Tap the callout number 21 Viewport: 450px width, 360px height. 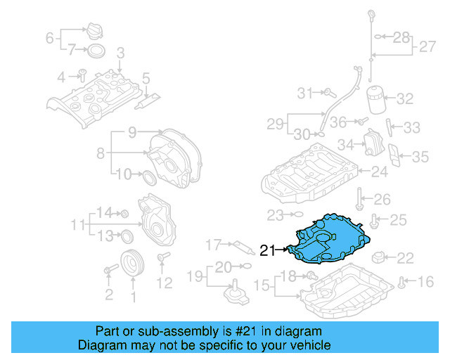[268, 250]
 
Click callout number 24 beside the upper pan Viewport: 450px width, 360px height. [380, 171]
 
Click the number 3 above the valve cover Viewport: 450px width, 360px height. [120, 53]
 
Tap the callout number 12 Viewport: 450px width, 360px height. [164, 283]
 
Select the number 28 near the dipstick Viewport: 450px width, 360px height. [400, 35]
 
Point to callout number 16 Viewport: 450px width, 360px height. [426, 283]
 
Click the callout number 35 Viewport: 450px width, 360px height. [420, 156]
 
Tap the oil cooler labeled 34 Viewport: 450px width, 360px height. [371, 145]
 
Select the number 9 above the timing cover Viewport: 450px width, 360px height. [131, 132]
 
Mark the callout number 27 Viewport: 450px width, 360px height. [427, 48]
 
